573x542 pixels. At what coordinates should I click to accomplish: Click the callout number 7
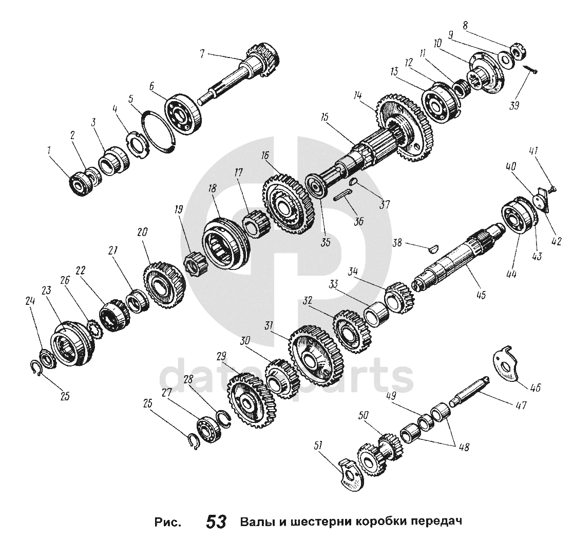coord(202,53)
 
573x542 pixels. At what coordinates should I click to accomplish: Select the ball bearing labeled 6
coord(183,114)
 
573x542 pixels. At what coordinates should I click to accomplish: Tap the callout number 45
coord(481,295)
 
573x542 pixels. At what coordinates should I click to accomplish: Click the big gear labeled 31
coord(316,353)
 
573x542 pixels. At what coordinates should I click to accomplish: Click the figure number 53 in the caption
coord(216,522)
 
